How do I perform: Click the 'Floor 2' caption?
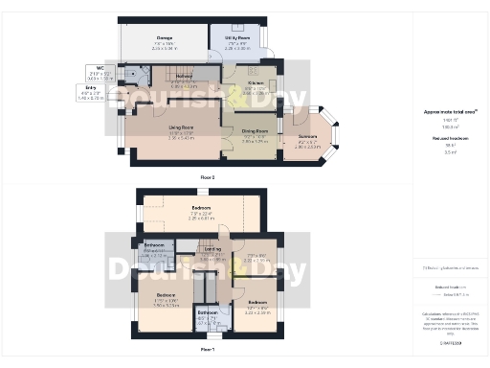[x=208, y=178]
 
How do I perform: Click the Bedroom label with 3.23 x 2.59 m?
[x=258, y=309]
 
